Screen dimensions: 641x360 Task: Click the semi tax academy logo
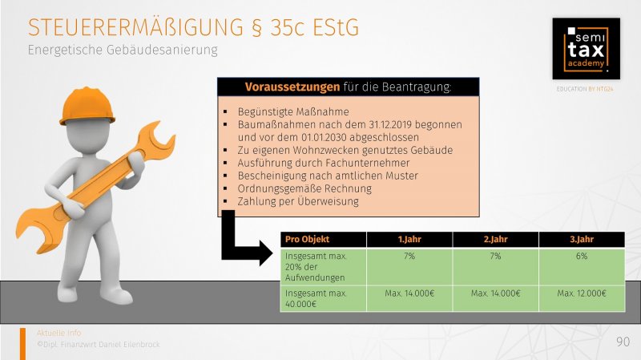[x=586, y=49]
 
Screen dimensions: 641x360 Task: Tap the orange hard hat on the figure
[x=87, y=106]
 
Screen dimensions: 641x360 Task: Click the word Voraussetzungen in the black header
[x=292, y=87]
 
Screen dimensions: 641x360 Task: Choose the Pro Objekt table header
[x=307, y=239]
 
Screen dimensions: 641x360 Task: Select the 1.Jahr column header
[x=409, y=239]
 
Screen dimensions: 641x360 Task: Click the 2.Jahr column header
[x=495, y=239]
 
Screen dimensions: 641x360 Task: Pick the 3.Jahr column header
[x=582, y=239]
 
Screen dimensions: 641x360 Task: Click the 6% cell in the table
[x=582, y=256]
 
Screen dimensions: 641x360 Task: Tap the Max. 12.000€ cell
[x=582, y=293]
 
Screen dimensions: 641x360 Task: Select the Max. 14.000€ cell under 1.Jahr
[x=409, y=293]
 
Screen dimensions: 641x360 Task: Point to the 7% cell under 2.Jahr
[x=495, y=256]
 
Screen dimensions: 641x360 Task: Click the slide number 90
[x=623, y=342]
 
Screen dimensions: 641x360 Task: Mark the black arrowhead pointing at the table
[x=266, y=253]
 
